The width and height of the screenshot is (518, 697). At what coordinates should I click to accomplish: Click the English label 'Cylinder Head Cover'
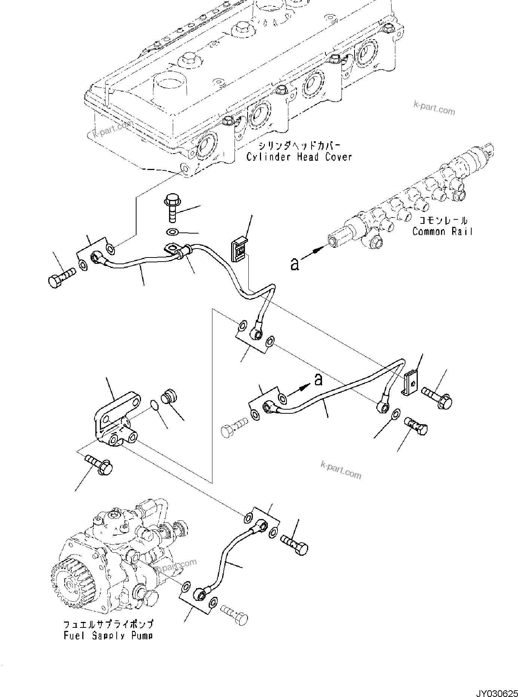(299, 157)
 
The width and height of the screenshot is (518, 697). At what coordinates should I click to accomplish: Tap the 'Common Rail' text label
(442, 231)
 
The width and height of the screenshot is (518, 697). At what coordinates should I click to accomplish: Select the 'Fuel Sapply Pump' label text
(108, 635)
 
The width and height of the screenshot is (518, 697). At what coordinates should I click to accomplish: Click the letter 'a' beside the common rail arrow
(295, 264)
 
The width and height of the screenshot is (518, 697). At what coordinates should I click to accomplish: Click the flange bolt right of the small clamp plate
(438, 398)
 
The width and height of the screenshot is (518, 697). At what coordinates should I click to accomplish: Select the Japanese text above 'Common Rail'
(443, 220)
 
